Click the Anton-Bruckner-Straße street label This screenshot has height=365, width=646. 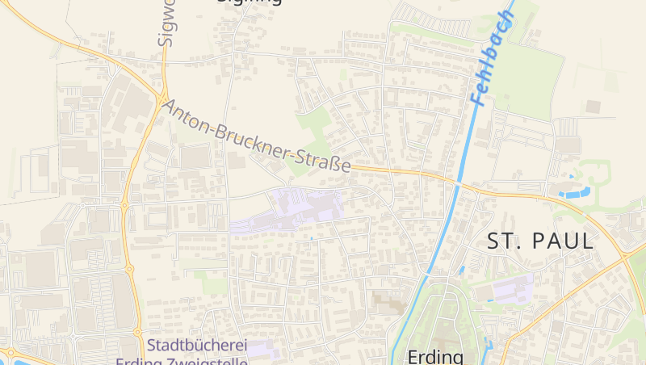pyautogui.click(x=257, y=135)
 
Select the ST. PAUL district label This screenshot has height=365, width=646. pyautogui.click(x=540, y=240)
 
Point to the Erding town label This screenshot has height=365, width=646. pyautogui.click(x=435, y=355)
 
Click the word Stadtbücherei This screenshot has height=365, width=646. pyautogui.click(x=198, y=346)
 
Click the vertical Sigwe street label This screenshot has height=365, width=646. pyautogui.click(x=166, y=24)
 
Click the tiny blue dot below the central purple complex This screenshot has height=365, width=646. pyautogui.click(x=311, y=238)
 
